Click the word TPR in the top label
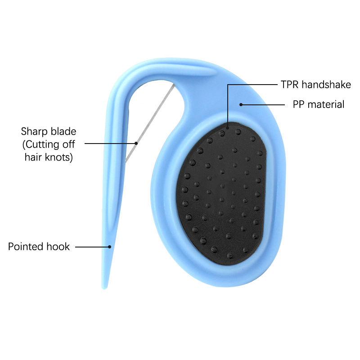tap(289, 85)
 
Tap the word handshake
tap(326, 85)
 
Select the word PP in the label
tap(298, 104)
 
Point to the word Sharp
tap(35, 132)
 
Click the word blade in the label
tap(63, 131)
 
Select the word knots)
tap(59, 157)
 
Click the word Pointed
tap(26, 247)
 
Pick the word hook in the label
tap(58, 247)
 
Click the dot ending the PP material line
tap(241, 105)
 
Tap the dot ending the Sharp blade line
tap(136, 143)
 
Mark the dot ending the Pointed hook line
tap(109, 247)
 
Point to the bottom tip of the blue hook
tap(104, 288)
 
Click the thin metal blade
tap(149, 123)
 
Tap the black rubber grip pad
tap(221, 193)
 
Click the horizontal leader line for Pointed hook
tap(92, 247)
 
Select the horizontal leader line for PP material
tap(263, 105)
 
